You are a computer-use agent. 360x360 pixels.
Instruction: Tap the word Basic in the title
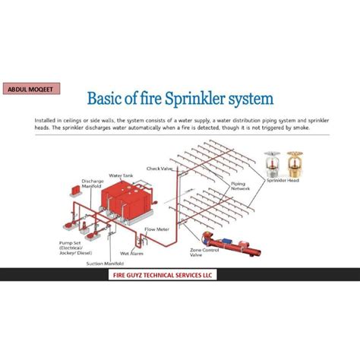click(x=111, y=99)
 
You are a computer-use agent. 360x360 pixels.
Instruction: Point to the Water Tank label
click(x=121, y=175)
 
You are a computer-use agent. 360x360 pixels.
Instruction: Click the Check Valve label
click(x=159, y=168)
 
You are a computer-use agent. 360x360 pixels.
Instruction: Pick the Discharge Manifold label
click(x=92, y=183)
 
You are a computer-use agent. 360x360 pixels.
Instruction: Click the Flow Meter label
click(x=156, y=229)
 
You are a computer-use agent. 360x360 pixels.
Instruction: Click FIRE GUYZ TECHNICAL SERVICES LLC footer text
click(x=180, y=278)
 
